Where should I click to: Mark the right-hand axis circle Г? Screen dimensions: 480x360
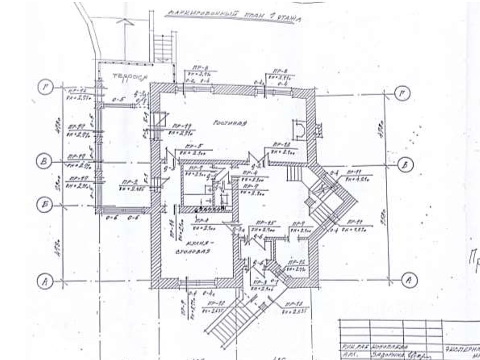click(402, 94)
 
